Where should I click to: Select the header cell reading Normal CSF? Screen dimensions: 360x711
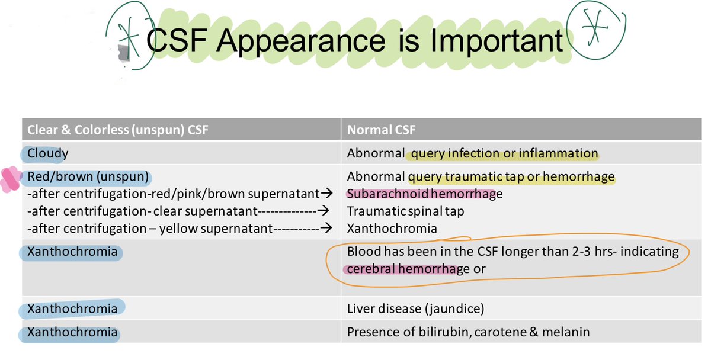[x=379, y=130]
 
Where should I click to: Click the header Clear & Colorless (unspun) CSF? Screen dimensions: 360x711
[x=117, y=130]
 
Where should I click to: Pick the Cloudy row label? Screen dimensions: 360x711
[x=47, y=154]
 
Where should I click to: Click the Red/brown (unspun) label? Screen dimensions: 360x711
[x=87, y=177]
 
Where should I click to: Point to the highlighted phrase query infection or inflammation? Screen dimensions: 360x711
[x=504, y=154]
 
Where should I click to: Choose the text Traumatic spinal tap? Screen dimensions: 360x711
[x=405, y=211]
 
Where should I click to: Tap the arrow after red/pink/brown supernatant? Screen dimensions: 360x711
[x=324, y=194]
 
